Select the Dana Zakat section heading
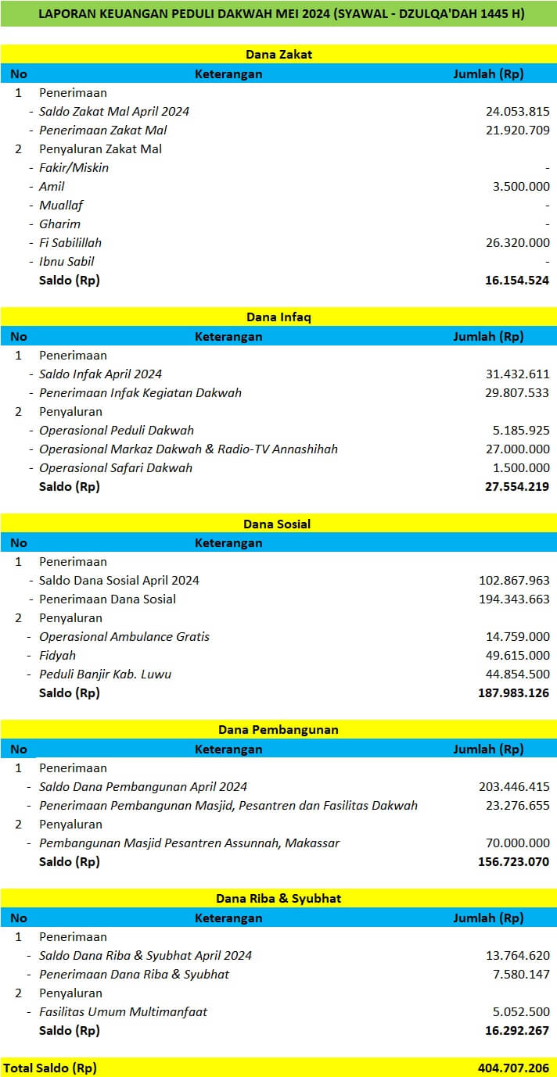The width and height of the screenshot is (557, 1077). point(278,55)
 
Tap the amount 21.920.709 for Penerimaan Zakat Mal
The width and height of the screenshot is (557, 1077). point(517,130)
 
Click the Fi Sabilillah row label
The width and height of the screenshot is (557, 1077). point(70,242)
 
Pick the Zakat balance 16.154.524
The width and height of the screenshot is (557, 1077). point(517,280)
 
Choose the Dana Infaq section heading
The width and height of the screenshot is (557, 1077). point(278,317)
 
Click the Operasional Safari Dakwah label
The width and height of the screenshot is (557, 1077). point(116,467)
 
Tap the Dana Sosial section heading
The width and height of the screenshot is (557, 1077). point(278,524)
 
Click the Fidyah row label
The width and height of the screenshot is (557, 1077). point(57,655)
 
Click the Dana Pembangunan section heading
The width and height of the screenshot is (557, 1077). point(278,730)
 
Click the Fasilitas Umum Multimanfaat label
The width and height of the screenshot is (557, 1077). point(124,1011)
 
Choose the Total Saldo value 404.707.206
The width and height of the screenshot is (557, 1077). point(512,1068)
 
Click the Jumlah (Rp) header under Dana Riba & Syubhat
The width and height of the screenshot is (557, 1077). point(488,918)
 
